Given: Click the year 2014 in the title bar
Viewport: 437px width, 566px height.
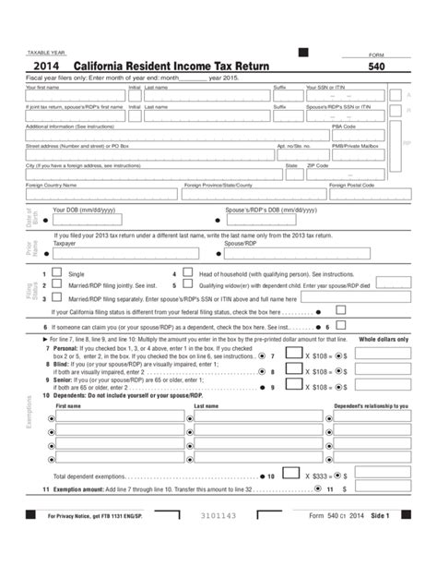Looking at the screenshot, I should tap(47, 67).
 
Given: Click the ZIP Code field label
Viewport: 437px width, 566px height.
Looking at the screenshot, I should tap(318, 164).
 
